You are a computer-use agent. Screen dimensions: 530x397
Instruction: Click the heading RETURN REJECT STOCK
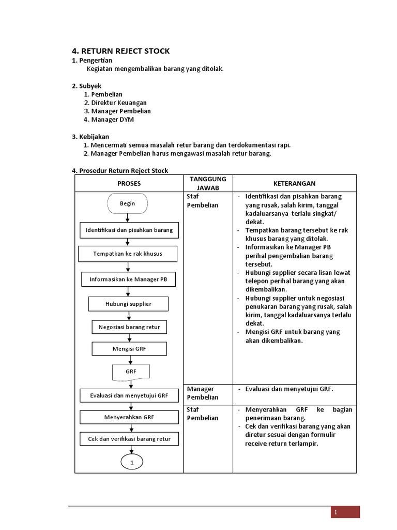pos(120,51)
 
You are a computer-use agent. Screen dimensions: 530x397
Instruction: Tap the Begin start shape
pos(127,203)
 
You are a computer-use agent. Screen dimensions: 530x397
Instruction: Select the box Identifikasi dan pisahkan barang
pos(129,229)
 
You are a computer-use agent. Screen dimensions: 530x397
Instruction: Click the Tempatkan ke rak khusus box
pos(128,254)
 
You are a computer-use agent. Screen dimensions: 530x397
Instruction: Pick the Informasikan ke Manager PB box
pos(129,279)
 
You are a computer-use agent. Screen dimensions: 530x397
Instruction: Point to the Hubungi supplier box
pos(128,303)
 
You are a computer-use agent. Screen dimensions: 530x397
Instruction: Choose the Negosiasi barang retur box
pos(129,327)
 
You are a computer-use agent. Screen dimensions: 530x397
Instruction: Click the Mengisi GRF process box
pos(129,349)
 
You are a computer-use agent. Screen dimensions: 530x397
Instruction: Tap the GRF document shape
pos(130,372)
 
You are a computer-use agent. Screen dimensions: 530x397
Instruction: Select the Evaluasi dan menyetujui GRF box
pos(129,395)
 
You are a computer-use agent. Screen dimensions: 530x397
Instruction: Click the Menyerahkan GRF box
pos(129,417)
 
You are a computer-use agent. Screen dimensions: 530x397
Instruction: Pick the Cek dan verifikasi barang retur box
pos(129,439)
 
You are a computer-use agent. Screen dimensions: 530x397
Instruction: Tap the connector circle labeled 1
pos(132,462)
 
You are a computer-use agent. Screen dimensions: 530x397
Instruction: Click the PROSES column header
pos(129,183)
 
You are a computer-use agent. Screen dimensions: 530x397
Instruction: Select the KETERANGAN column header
pos(294,183)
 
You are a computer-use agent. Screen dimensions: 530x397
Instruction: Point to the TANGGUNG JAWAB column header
pos(208,183)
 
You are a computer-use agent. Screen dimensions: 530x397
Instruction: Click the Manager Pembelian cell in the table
pos(203,393)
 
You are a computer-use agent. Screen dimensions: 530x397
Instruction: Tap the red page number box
pos(345,512)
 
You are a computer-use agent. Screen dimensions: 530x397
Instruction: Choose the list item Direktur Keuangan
pos(119,102)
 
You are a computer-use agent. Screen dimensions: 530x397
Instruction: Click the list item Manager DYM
pos(113,119)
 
